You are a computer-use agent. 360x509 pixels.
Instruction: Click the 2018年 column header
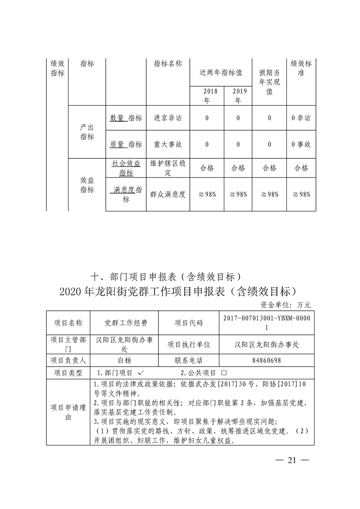tap(207, 95)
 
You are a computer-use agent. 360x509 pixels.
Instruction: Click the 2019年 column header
tap(237, 95)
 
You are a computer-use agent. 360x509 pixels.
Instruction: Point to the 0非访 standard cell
tap(301, 118)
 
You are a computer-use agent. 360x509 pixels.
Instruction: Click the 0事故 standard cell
tap(301, 144)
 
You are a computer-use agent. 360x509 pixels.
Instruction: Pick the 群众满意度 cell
tap(168, 195)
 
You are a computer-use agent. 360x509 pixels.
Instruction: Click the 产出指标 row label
tap(87, 132)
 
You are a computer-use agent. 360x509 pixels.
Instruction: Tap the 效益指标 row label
tap(87, 185)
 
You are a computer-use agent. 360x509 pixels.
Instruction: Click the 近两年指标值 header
tap(221, 72)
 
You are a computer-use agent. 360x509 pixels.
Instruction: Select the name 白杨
tap(124, 360)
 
